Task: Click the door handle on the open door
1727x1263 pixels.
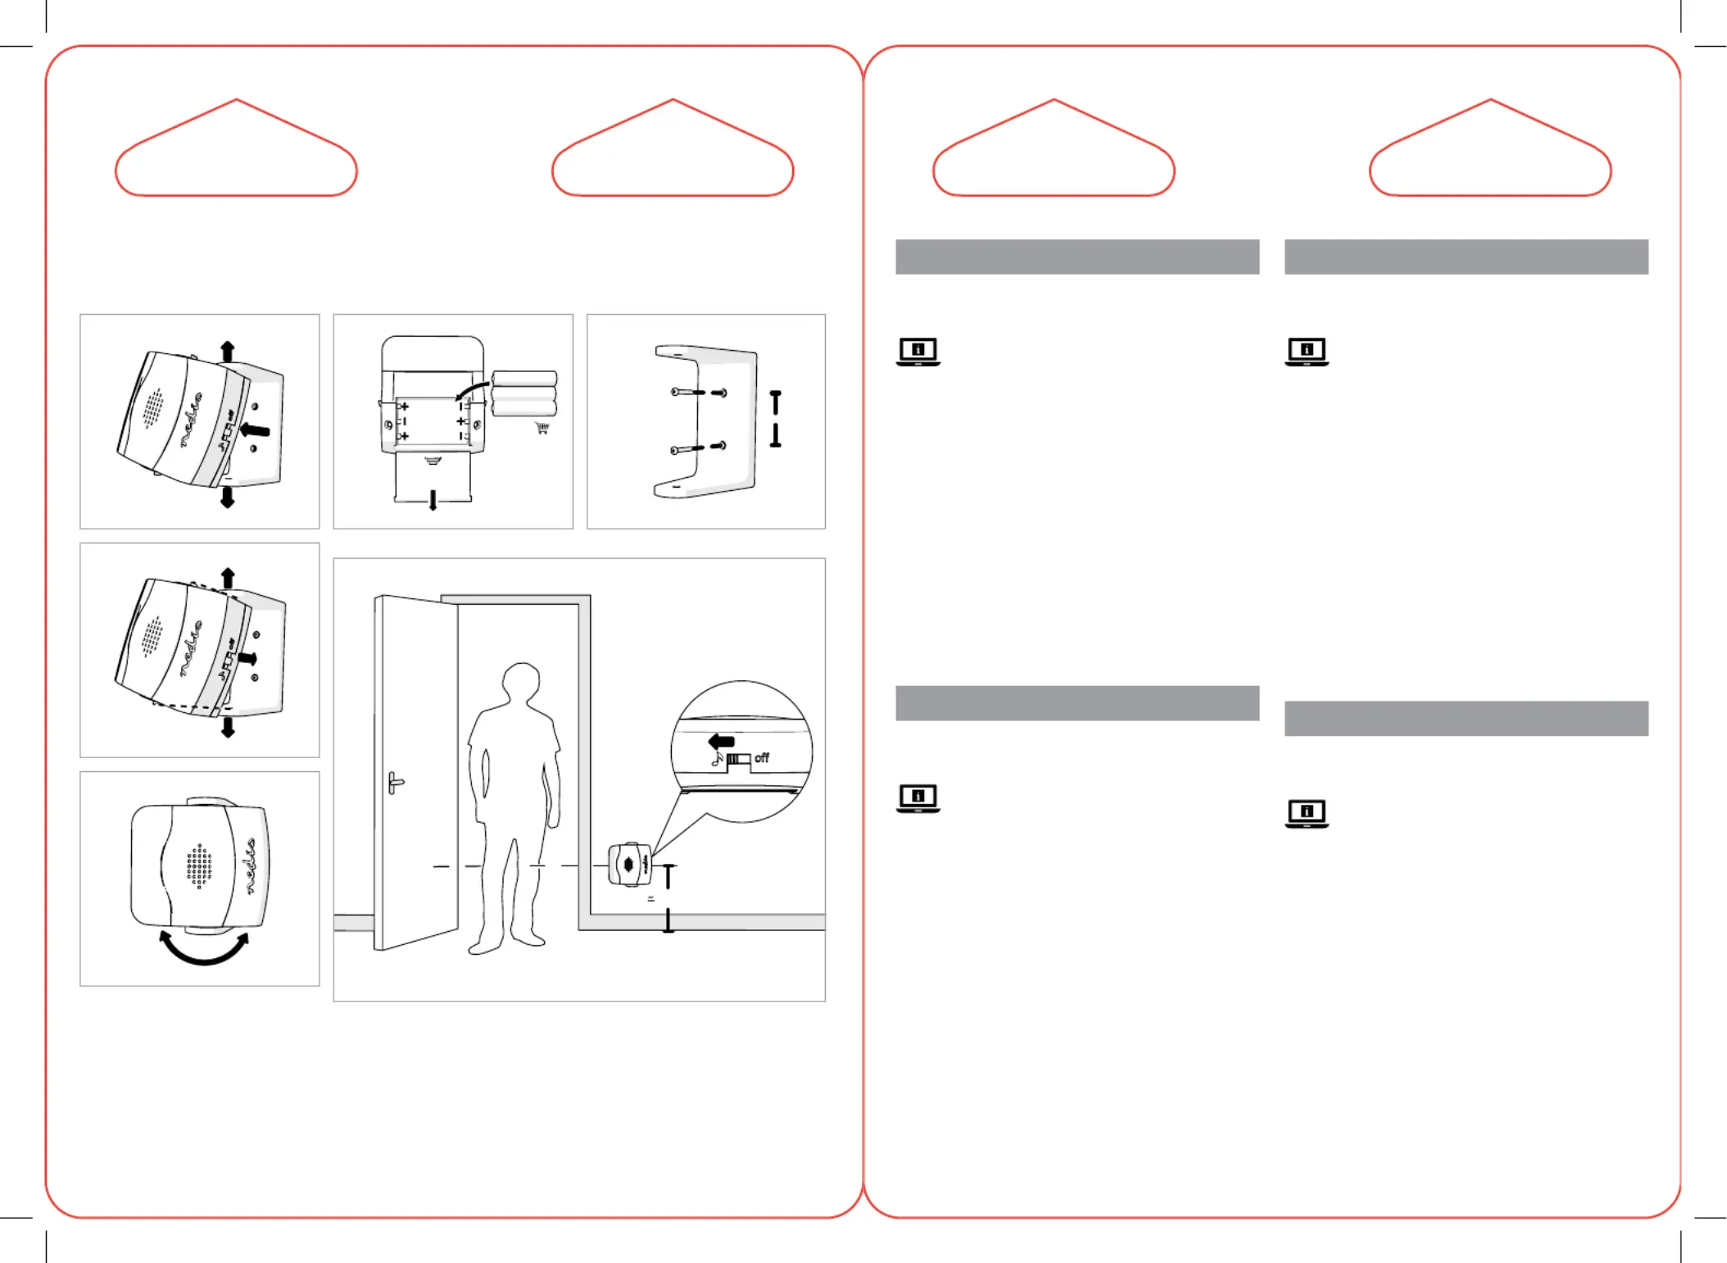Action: tap(396, 783)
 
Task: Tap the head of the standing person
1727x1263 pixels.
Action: tap(521, 683)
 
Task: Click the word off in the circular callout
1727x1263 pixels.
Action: tap(762, 758)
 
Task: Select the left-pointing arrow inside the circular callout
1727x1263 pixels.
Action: tap(721, 741)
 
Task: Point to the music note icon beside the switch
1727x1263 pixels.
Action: tap(717, 759)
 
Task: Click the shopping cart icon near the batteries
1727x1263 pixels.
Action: tap(542, 428)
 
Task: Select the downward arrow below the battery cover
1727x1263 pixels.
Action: tap(433, 501)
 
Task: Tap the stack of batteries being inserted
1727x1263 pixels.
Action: tap(524, 394)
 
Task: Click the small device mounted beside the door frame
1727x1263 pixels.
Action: tap(629, 864)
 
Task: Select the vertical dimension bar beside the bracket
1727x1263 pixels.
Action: tap(775, 419)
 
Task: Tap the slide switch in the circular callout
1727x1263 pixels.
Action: tap(738, 759)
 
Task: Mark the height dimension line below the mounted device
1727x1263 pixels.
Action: tap(669, 898)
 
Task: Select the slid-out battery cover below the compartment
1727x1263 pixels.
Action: tap(433, 477)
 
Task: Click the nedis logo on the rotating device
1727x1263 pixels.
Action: tap(251, 865)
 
